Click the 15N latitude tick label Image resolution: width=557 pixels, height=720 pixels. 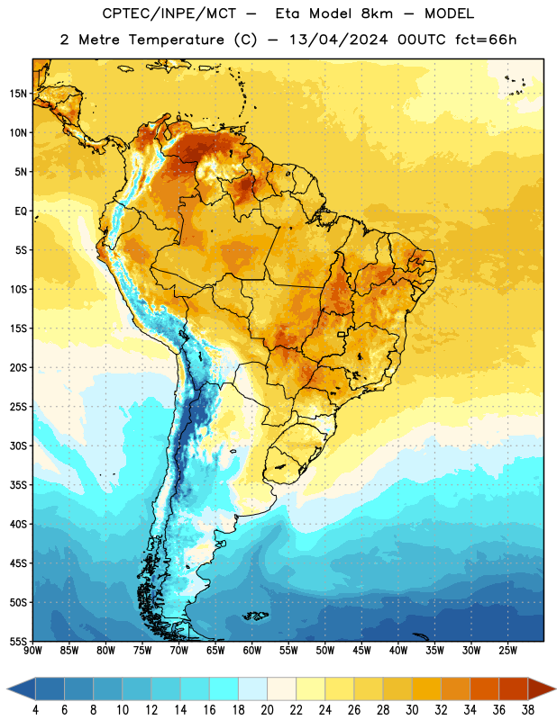click(x=18, y=94)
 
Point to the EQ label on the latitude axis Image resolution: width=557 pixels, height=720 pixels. click(x=21, y=211)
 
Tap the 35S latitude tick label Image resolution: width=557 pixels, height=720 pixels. click(x=18, y=485)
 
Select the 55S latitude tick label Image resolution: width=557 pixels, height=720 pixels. click(x=18, y=641)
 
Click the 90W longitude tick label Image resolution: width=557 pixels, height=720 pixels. click(x=32, y=651)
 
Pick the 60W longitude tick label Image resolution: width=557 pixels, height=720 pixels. click(x=252, y=651)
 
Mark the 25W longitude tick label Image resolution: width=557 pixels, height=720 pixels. click(x=507, y=651)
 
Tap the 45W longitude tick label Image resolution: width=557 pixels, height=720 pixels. click(x=361, y=651)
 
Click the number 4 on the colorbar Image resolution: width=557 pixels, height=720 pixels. click(x=35, y=710)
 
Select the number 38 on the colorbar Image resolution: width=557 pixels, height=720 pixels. click(x=528, y=710)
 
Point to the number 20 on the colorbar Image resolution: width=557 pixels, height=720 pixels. click(x=267, y=710)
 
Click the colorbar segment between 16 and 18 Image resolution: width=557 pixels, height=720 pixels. click(x=224, y=689)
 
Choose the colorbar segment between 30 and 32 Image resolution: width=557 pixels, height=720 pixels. click(x=426, y=689)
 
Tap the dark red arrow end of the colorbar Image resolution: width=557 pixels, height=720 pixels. click(x=542, y=689)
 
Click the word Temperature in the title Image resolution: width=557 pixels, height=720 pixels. click(x=176, y=40)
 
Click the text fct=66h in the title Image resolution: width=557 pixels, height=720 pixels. click(x=486, y=40)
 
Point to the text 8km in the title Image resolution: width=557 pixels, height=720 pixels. click(x=377, y=13)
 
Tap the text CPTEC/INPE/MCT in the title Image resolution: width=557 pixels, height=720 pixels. click(x=169, y=13)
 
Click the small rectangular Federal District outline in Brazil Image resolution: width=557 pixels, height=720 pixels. click(x=342, y=335)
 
